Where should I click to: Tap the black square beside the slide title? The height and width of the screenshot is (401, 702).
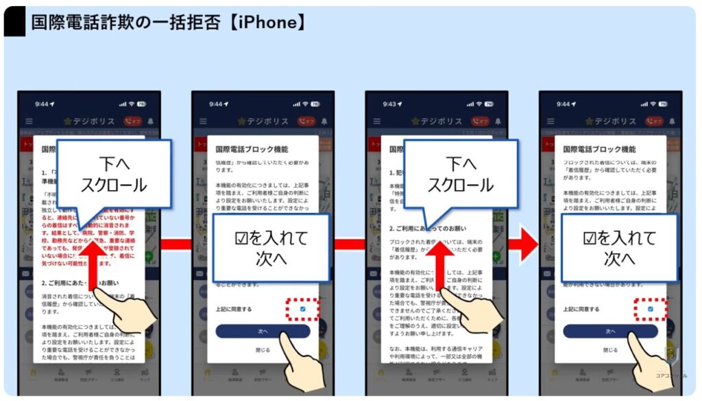click(14, 23)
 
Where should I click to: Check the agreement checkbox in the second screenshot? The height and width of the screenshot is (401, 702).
click(302, 309)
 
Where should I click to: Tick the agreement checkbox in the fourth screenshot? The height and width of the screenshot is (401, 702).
click(650, 309)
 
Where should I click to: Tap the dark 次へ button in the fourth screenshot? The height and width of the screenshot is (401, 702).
click(610, 331)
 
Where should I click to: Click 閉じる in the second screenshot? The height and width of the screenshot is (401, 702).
click(263, 350)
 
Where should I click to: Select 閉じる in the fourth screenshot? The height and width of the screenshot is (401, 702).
click(610, 350)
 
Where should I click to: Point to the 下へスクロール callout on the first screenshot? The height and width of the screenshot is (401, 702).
click(114, 175)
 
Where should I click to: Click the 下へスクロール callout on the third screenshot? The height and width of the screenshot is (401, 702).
click(461, 175)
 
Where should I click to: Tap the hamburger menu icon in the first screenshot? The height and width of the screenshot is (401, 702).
click(29, 121)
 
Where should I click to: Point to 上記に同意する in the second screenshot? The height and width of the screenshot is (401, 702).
click(234, 310)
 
